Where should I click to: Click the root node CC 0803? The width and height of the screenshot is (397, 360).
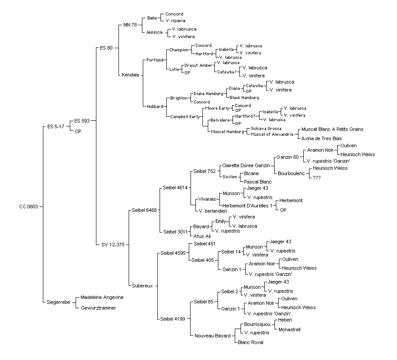click(28, 207)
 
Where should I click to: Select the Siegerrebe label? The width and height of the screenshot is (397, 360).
click(58, 302)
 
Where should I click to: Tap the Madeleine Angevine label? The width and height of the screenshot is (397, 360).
click(102, 298)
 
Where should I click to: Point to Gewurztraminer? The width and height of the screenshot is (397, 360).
click(99, 308)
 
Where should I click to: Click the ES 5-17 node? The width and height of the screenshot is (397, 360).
click(56, 126)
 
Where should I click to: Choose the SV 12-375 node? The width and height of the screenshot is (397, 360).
click(113, 245)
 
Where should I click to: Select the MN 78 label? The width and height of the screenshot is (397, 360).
click(130, 25)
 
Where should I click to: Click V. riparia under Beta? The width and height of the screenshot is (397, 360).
click(176, 21)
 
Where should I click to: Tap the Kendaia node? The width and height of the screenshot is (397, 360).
click(130, 75)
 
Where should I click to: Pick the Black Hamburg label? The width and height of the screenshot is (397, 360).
click(244, 98)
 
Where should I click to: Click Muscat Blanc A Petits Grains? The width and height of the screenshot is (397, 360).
click(332, 129)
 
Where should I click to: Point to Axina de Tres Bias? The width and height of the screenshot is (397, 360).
click(321, 138)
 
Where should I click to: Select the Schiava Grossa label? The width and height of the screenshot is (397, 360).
click(266, 129)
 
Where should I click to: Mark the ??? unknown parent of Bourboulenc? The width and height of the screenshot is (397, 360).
click(317, 178)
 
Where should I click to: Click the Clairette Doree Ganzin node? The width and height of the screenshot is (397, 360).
click(246, 166)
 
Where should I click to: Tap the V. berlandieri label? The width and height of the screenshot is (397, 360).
click(213, 211)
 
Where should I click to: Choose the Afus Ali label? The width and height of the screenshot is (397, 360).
click(202, 236)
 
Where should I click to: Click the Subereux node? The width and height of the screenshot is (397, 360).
click(142, 286)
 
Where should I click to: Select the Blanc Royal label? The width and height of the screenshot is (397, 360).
click(251, 342)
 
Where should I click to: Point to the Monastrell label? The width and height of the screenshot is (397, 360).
click(290, 329)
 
